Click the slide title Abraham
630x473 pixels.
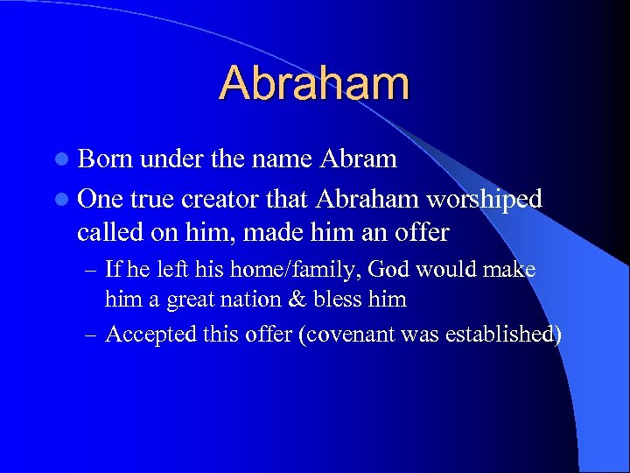314,83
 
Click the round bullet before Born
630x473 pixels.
61,160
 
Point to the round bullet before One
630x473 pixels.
61,201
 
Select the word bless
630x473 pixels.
360,299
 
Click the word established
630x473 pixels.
506,335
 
